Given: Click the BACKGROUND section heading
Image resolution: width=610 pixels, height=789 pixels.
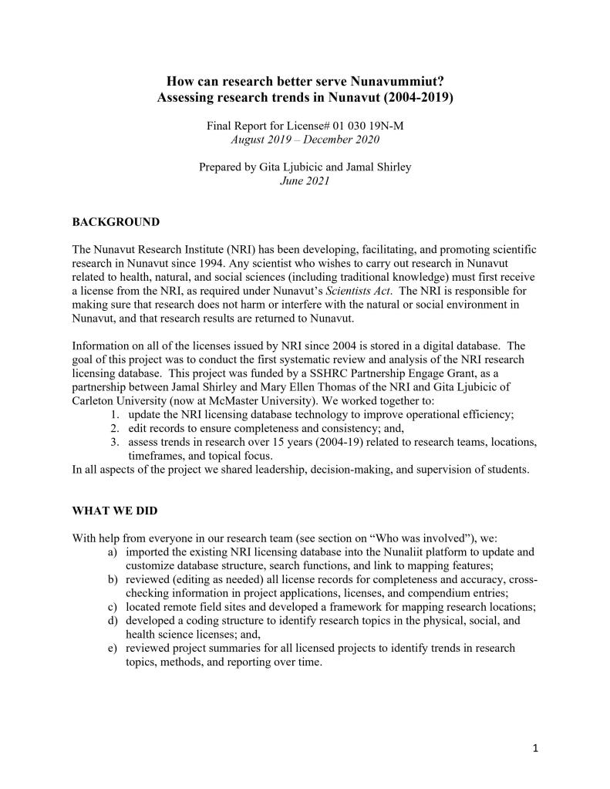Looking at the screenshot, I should [116, 222].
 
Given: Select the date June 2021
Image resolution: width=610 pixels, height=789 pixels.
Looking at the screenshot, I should [305, 181].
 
